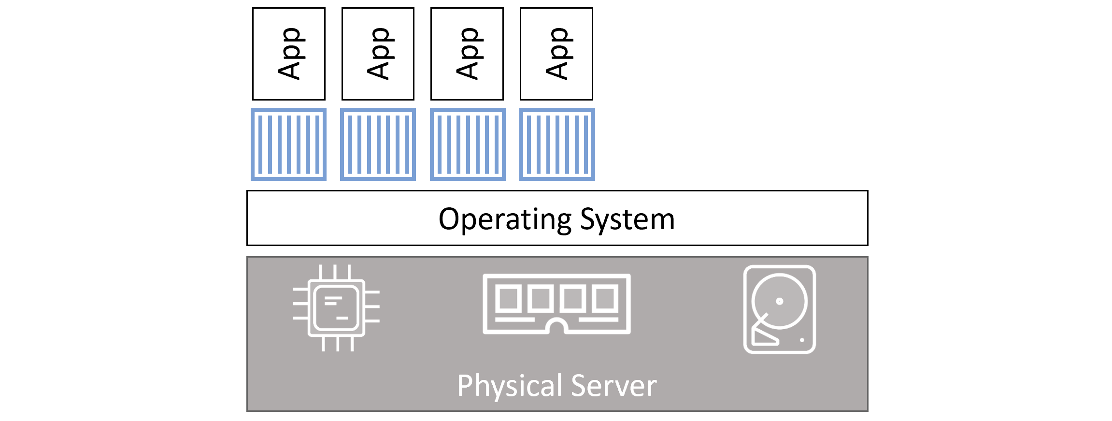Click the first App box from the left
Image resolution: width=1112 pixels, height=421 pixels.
coord(289,54)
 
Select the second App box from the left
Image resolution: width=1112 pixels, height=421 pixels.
coord(378,54)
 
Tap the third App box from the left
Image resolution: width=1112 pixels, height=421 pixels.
coord(467,54)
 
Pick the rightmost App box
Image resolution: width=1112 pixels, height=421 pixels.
coord(556,54)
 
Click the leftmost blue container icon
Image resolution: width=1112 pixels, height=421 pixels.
coord(289,145)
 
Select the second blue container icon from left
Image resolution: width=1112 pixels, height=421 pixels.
coord(378,145)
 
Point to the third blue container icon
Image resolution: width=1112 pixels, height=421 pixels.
coord(468,145)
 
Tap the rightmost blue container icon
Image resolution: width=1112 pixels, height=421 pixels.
coord(557,145)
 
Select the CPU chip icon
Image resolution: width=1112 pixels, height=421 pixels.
coord(336,308)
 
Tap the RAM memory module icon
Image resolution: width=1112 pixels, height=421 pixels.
coord(556,304)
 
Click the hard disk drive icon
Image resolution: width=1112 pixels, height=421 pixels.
coord(779,309)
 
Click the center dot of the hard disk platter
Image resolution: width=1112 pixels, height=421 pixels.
coord(779,301)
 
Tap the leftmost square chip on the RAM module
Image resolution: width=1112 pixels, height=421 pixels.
coord(508,298)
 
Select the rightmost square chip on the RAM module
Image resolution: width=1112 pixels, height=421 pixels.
coord(606,298)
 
